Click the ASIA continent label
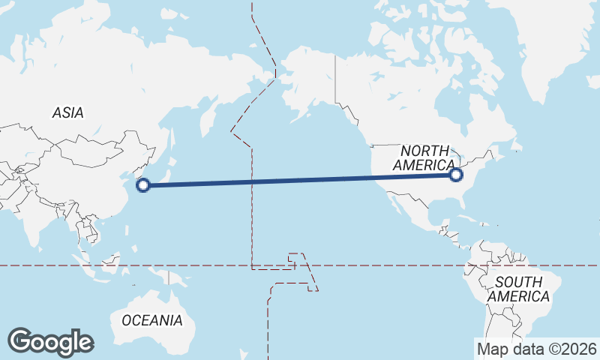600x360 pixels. point(68,113)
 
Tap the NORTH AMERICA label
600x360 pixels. point(424,158)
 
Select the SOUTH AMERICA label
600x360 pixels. point(518,289)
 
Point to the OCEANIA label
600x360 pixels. point(152,320)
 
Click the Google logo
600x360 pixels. point(50,342)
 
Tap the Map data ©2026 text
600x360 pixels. point(536,349)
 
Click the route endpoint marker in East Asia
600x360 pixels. point(143,185)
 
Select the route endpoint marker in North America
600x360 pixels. point(456,175)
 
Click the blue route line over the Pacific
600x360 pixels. point(300,180)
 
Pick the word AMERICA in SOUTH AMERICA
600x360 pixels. point(518,297)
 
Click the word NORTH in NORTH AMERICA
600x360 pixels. point(424,151)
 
